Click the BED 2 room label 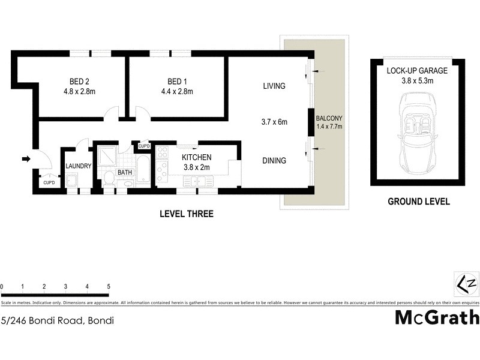(75, 82)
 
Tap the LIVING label (274, 86)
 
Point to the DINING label (274, 161)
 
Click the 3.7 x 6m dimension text (274, 122)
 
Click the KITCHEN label (197, 157)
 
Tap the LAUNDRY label (79, 166)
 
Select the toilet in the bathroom (109, 178)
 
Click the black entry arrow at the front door (26, 159)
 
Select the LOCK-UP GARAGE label (417, 70)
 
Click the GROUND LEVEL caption (418, 202)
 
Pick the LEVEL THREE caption (186, 214)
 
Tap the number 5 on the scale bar (108, 286)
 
